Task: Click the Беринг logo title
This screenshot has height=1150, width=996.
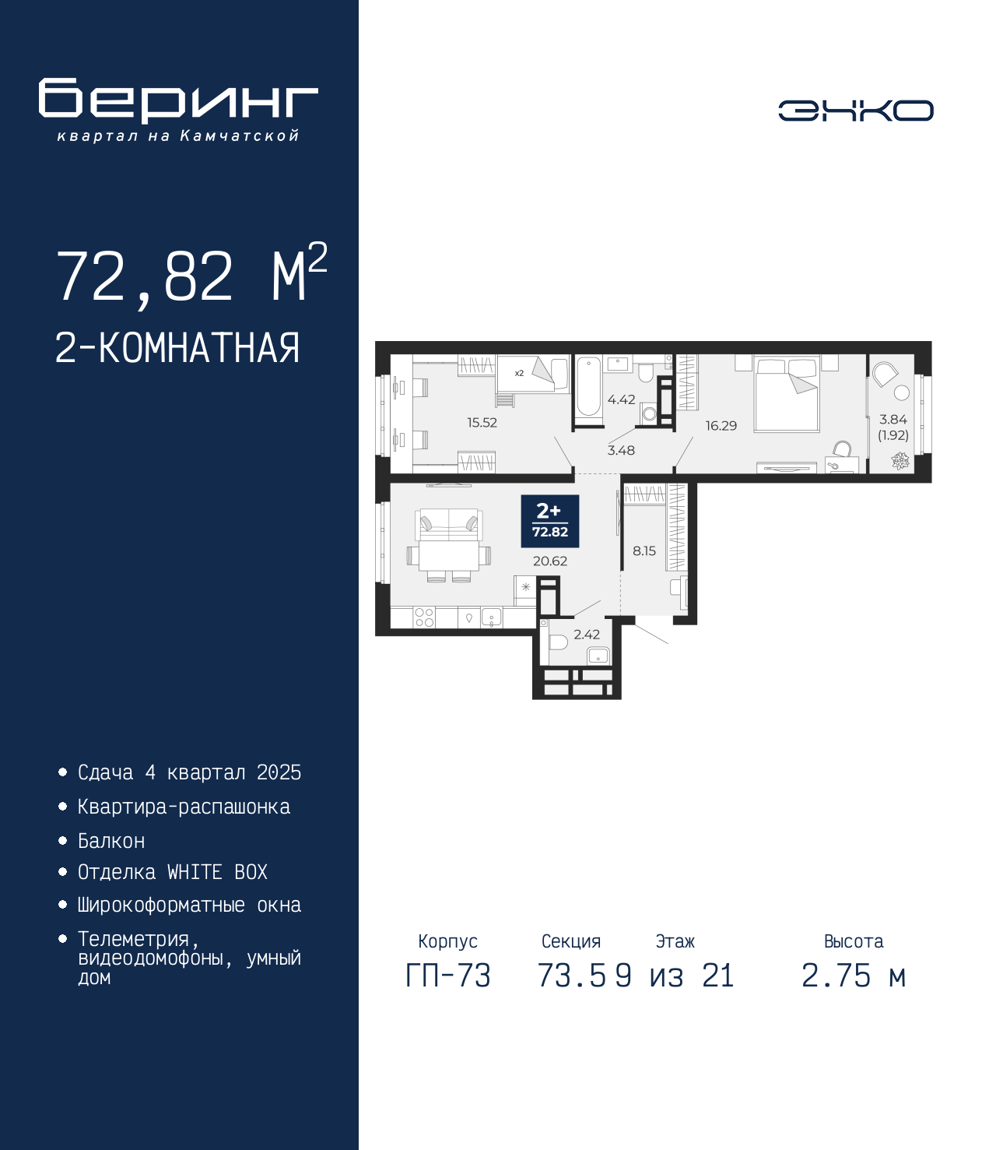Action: [178, 100]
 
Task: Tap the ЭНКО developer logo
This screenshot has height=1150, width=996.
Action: [855, 110]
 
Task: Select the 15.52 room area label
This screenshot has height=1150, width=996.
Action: [482, 423]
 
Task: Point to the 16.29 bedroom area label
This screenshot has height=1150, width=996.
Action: [721, 426]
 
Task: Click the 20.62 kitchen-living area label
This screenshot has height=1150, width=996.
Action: [550, 561]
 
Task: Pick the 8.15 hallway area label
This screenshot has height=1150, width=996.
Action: [644, 551]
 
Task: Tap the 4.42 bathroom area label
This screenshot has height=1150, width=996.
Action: [621, 399]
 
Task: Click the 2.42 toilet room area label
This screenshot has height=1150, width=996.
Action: [587, 635]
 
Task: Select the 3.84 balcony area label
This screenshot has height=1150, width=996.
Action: [893, 420]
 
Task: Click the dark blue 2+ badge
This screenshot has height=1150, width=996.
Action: [550, 522]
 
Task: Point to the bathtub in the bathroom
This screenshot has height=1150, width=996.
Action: [588, 387]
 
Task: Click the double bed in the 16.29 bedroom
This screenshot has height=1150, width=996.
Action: [787, 394]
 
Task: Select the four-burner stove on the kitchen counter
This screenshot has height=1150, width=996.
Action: [424, 617]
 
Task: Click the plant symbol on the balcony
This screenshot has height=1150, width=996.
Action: [900, 460]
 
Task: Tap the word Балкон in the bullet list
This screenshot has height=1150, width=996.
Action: [111, 841]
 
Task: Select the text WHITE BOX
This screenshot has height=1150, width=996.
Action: [217, 872]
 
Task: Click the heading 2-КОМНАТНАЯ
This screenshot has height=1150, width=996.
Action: [177, 348]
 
